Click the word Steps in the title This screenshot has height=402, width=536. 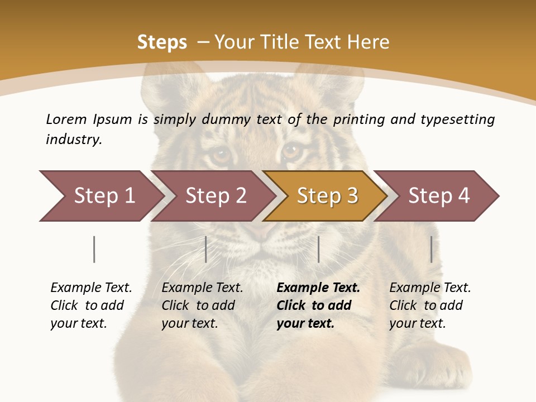point(162,42)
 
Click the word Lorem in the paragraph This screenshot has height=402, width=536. point(66,119)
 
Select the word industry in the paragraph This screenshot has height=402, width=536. point(74,140)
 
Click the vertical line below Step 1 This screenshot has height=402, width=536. point(94,249)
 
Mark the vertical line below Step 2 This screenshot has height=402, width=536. point(206,249)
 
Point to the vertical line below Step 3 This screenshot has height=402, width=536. point(319,249)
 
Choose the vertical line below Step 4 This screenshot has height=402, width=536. point(431,249)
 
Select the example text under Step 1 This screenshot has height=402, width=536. point(91,305)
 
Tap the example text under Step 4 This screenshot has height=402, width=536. point(430,305)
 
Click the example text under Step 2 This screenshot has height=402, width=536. point(202,305)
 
